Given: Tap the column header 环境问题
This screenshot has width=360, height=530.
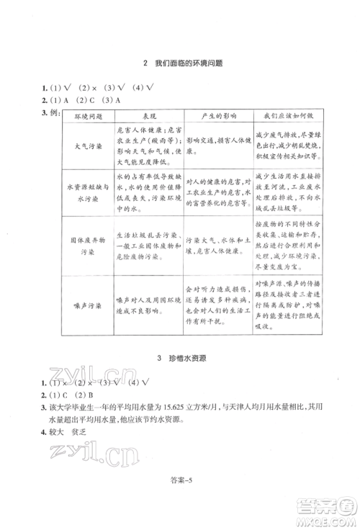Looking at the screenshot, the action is pos(89,116).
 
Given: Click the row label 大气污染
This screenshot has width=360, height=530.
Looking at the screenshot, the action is pos(89,145).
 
